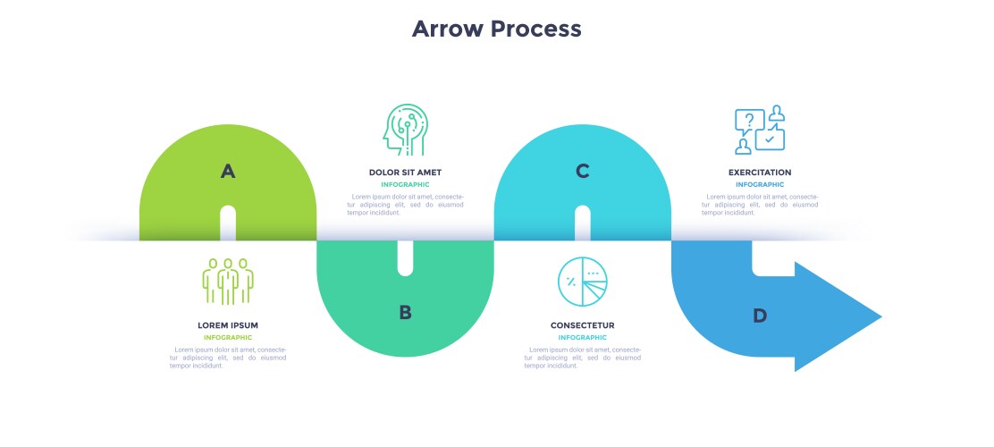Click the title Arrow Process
(496, 29)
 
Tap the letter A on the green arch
(228, 171)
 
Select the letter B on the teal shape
(405, 312)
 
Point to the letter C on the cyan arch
(583, 171)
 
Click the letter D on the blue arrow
(760, 315)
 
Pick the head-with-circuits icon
(404, 131)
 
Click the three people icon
(228, 281)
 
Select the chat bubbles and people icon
(759, 131)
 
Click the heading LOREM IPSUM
(228, 325)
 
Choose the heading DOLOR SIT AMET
(405, 173)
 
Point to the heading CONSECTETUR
(582, 325)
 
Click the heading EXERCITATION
(759, 173)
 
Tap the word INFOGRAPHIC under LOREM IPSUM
(228, 338)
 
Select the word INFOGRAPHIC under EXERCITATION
(759, 185)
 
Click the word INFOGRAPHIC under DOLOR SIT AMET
(405, 185)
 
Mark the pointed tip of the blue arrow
(880, 316)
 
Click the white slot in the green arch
(228, 223)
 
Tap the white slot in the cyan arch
(583, 223)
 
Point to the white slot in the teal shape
(405, 257)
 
